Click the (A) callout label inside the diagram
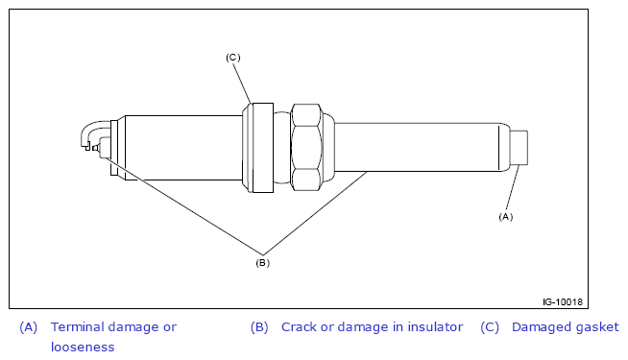click(x=505, y=217)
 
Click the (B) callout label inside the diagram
click(x=263, y=263)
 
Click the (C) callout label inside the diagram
click(x=233, y=58)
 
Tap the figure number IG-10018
click(x=563, y=302)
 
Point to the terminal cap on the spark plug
click(x=519, y=148)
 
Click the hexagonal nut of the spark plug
click(x=306, y=148)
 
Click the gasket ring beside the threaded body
click(x=258, y=148)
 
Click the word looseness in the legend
click(x=83, y=347)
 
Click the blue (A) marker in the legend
click(x=29, y=327)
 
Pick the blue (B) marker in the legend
click(x=259, y=327)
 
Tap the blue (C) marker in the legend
click(x=490, y=327)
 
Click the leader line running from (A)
click(x=513, y=187)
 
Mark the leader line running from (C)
click(x=242, y=84)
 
